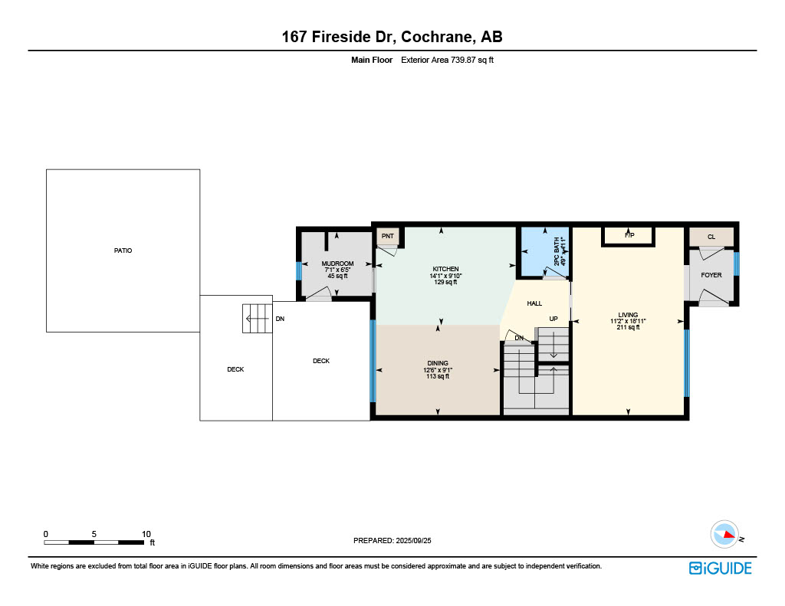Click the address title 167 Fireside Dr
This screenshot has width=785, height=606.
(392, 37)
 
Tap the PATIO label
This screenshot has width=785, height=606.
(123, 251)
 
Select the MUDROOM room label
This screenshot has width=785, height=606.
(337, 264)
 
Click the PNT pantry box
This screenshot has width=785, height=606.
(388, 237)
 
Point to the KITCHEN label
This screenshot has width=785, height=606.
(445, 269)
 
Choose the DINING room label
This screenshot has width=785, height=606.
(438, 363)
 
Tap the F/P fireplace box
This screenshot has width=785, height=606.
(629, 235)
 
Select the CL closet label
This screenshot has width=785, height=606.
(711, 237)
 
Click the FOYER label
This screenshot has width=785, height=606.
(711, 275)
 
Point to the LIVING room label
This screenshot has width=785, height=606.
(628, 315)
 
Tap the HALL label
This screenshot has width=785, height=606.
(534, 303)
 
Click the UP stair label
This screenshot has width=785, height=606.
(553, 318)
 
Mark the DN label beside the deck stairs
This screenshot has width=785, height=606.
(280, 319)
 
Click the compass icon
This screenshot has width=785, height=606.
(724, 534)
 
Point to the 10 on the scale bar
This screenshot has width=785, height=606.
(146, 534)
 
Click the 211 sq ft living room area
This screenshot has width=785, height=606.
(628, 327)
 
